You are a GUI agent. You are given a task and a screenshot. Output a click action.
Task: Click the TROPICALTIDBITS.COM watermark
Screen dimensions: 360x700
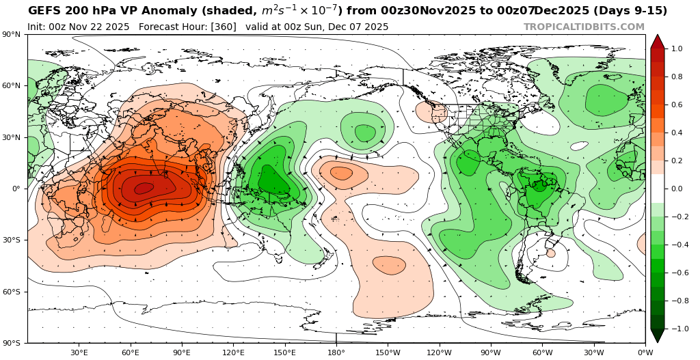tap(584, 27)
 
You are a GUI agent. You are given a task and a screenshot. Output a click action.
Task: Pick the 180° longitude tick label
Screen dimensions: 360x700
tap(336, 352)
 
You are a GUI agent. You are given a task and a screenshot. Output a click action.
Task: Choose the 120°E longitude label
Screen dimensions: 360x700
tap(233, 352)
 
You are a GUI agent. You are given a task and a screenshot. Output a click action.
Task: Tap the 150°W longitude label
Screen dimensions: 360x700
tap(388, 352)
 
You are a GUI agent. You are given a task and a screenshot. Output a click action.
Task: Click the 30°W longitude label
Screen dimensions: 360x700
tap(594, 352)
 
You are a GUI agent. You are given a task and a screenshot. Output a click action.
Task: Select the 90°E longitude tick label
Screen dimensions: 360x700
tap(182, 352)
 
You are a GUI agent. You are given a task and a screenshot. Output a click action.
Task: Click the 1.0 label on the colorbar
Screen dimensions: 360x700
tap(677, 49)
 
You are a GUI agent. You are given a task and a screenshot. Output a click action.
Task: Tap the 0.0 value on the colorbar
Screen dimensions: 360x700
tap(677, 189)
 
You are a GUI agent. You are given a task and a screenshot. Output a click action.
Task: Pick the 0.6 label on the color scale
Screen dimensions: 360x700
tap(677, 105)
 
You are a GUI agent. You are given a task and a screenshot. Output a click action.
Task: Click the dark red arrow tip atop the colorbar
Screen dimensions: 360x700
tap(657, 40)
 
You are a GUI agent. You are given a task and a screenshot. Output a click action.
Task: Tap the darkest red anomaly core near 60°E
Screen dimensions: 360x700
tap(144, 188)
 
